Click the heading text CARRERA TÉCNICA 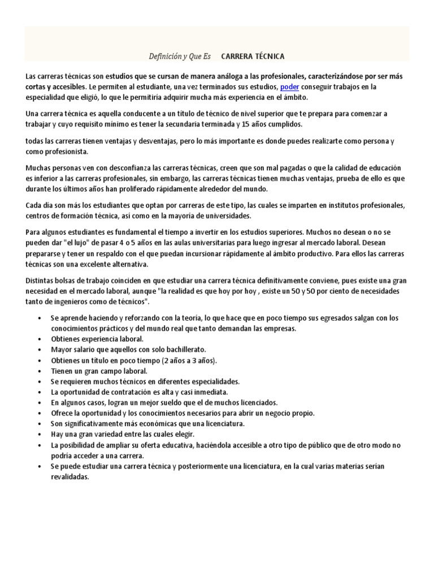coord(253,56)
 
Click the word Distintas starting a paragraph coord(41,281)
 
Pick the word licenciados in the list coord(258,402)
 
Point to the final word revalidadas coord(70,476)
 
